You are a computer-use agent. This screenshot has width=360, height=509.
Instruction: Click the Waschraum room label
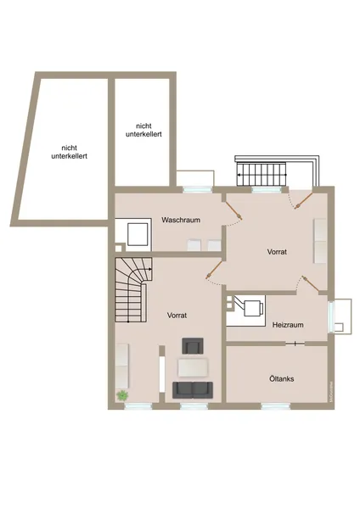(181, 220)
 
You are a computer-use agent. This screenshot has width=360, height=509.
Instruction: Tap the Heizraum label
(288, 325)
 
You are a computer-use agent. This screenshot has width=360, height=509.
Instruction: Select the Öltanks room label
(282, 379)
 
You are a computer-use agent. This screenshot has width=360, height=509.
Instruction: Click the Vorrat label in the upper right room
(277, 252)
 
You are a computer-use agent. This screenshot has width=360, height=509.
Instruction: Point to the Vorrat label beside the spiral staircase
(177, 316)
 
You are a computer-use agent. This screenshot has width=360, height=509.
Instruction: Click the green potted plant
(122, 395)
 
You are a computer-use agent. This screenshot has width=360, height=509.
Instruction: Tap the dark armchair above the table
(193, 346)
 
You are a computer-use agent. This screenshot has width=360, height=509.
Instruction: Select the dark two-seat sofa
(193, 390)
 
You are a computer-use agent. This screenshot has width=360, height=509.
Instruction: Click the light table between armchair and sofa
(193, 368)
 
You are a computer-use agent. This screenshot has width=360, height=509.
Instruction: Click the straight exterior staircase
(262, 175)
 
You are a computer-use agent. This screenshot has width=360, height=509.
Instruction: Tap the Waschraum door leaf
(233, 210)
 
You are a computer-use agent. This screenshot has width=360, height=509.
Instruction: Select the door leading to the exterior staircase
(303, 200)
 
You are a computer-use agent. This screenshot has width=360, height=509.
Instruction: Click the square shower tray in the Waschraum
(138, 234)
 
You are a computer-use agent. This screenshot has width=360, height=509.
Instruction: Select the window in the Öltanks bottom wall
(276, 406)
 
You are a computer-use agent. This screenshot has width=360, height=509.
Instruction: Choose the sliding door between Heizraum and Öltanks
(295, 344)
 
